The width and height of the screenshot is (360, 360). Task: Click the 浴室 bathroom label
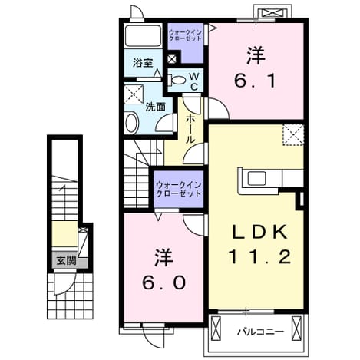tap(143, 63)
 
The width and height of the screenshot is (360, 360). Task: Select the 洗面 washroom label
tap(155, 107)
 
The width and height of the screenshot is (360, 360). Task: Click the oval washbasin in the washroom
tap(132, 123)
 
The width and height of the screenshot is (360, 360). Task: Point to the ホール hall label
tap(190, 129)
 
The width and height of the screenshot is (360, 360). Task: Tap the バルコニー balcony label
tap(260, 332)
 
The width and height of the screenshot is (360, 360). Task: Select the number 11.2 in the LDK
tap(259, 257)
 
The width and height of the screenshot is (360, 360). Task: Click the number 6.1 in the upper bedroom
tap(255, 81)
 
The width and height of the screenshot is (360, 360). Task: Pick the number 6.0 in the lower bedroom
tap(163, 283)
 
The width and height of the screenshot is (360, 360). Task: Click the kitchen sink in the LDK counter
tap(256, 178)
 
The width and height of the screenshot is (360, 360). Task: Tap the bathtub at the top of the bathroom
tap(143, 35)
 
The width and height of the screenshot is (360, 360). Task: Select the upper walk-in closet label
tap(186, 35)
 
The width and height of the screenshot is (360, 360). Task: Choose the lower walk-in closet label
tap(179, 190)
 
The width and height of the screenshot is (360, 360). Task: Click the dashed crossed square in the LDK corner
tap(293, 135)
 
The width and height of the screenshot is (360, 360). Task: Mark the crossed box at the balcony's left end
tap(216, 329)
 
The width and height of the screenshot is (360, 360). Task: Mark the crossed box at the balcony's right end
tap(296, 329)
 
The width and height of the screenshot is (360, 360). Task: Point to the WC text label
tap(194, 81)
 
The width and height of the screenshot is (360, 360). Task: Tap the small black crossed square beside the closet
tap(172, 59)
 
